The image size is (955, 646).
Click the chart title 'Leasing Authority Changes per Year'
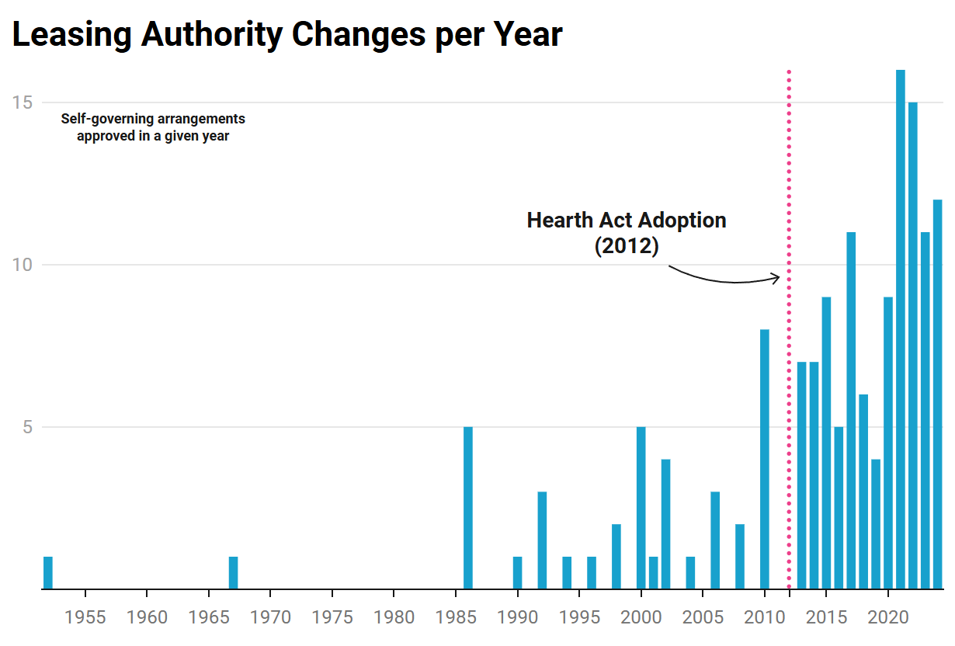(x=287, y=35)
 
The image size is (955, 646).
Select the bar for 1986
(x=468, y=508)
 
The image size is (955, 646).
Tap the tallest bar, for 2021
(x=901, y=329)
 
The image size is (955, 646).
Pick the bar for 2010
(x=765, y=459)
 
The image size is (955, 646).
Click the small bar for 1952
(x=48, y=573)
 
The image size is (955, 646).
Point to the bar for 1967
(x=234, y=573)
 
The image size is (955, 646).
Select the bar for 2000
(x=641, y=508)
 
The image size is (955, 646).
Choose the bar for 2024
(x=937, y=394)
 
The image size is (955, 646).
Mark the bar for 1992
(x=543, y=540)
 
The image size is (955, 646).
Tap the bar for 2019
(x=876, y=524)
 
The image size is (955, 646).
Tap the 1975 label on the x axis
(x=332, y=618)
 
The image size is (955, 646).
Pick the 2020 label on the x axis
(x=887, y=618)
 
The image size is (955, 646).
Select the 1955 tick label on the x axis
(x=85, y=618)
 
